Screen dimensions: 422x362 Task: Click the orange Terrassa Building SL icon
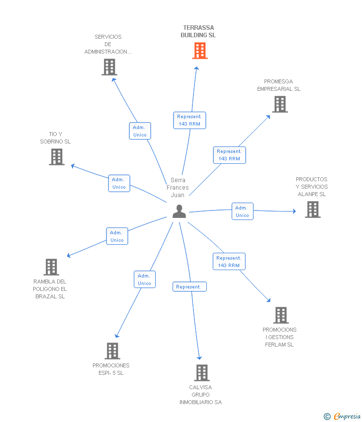point(199,51)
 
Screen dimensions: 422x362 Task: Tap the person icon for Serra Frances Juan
point(179,211)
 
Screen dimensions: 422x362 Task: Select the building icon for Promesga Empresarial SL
point(280,104)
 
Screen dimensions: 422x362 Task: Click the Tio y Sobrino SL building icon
point(57,157)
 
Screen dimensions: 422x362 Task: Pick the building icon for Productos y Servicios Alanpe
point(313,210)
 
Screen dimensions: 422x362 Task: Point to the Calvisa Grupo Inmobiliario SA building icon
point(201,373)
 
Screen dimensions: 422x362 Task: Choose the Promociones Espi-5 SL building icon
point(112,351)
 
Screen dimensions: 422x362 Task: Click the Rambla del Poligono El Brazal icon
point(51,267)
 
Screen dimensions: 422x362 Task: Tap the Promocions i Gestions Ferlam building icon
point(281,315)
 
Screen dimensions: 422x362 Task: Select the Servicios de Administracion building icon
point(109,67)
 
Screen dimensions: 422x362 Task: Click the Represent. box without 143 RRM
point(189,287)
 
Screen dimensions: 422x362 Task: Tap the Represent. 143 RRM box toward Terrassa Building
point(189,120)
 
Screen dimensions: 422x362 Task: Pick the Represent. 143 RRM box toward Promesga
point(229,155)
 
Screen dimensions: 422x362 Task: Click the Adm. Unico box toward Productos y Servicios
point(242,211)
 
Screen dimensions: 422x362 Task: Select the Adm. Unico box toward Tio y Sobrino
point(119,183)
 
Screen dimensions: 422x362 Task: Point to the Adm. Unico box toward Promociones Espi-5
point(144,280)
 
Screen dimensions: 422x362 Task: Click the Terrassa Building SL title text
point(198,32)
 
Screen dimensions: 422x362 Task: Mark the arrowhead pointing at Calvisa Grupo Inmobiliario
point(200,357)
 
